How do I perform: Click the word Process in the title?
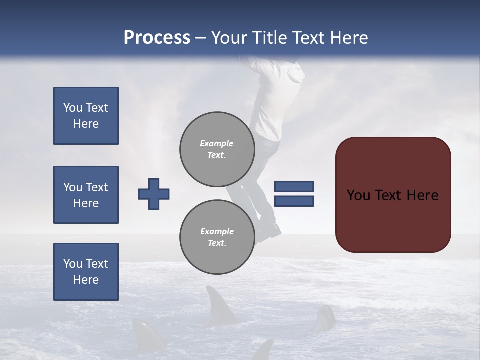click(x=157, y=38)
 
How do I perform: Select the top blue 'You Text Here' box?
click(x=86, y=116)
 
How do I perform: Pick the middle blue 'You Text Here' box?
click(x=86, y=195)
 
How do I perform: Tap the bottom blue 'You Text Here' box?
click(x=86, y=272)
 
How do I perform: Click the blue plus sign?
click(x=154, y=194)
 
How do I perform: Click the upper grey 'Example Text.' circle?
click(x=217, y=149)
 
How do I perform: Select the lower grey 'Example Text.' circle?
click(x=217, y=237)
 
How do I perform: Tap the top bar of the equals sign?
click(x=294, y=186)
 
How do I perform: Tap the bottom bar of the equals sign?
click(x=294, y=201)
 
